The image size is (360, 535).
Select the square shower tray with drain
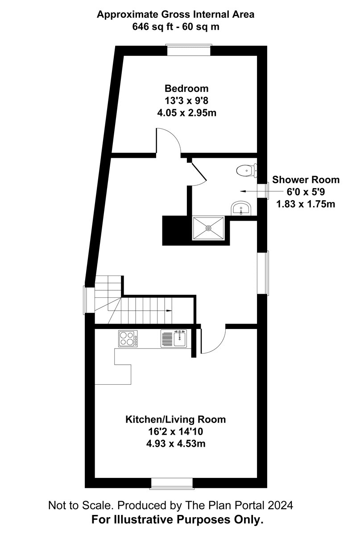[x=208, y=228]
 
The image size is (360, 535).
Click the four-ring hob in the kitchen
[x=128, y=338]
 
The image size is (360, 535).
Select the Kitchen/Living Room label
[x=175, y=420]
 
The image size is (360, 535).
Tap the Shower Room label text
[x=306, y=180]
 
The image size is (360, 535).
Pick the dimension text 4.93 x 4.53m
[x=175, y=444]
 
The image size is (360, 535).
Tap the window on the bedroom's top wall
[x=188, y=49]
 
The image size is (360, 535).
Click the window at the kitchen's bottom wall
[x=172, y=483]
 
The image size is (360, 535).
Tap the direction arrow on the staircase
[x=169, y=310]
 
